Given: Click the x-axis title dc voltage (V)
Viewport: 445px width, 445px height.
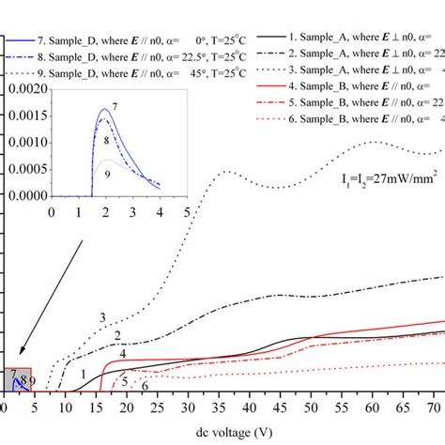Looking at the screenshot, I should pyautogui.click(x=222, y=433).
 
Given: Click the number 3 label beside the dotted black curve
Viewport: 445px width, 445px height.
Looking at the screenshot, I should pyautogui.click(x=102, y=317).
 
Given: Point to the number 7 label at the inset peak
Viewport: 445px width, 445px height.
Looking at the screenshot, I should pyautogui.click(x=114, y=110).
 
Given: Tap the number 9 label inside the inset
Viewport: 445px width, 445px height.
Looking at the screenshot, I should pyautogui.click(x=109, y=174).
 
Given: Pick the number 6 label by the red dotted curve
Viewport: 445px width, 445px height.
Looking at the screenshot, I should pyautogui.click(x=145, y=385).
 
